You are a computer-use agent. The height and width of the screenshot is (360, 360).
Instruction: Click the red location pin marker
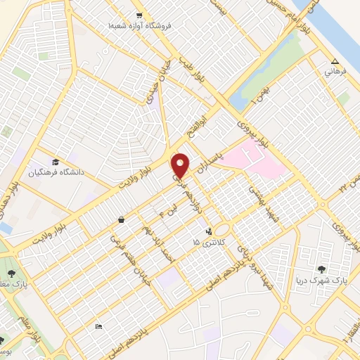181,165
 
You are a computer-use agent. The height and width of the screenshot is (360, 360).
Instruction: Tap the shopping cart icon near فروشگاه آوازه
139,15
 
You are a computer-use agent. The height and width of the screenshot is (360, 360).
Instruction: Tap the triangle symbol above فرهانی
335,61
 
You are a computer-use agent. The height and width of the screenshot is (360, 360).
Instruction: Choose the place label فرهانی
333,72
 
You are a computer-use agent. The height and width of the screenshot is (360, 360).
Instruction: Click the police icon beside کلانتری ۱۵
209,231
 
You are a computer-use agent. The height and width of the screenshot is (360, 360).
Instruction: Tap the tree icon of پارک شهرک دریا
322,269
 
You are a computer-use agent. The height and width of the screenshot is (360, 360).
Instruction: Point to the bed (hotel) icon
98,327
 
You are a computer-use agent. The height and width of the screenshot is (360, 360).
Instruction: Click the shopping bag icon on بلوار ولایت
122,219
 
